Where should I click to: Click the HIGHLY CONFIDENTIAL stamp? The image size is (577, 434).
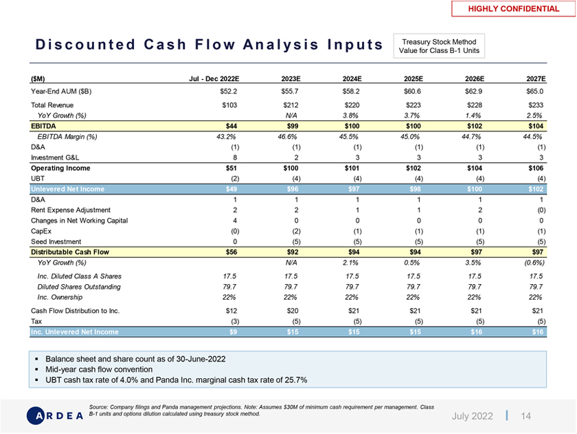pyautogui.click(x=513, y=9)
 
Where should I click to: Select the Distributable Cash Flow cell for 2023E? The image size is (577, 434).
pyautogui.click(x=294, y=252)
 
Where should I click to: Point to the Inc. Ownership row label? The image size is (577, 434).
pyautogui.click(x=60, y=297)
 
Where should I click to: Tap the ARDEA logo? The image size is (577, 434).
pyautogui.click(x=54, y=415)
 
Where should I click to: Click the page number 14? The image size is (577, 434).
pyautogui.click(x=526, y=416)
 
